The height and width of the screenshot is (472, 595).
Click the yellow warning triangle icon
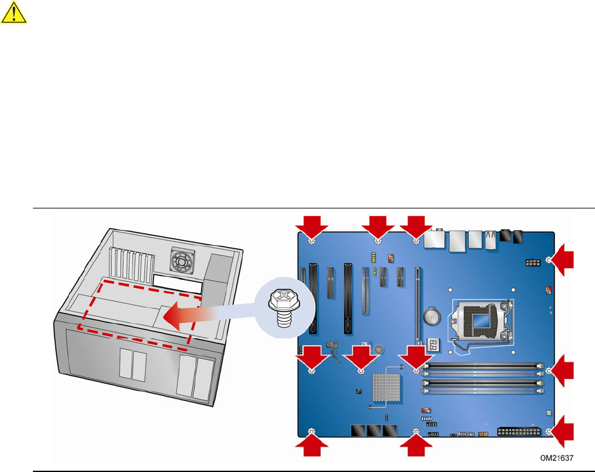click(14, 13)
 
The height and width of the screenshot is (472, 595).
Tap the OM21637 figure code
click(557, 458)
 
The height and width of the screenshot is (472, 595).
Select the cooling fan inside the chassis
click(182, 260)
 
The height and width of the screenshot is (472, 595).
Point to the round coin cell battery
click(432, 316)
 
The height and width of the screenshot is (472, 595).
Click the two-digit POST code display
click(433, 345)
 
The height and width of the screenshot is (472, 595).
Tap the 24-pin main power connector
click(518, 431)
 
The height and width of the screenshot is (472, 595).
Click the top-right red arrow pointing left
click(563, 260)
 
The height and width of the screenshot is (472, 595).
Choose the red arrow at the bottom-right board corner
click(563, 431)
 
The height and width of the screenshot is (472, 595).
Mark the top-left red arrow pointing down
click(312, 227)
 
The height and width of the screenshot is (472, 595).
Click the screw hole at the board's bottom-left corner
click(312, 431)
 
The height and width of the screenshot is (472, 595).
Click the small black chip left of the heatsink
click(358, 391)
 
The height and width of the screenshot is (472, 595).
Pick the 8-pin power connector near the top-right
click(533, 262)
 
